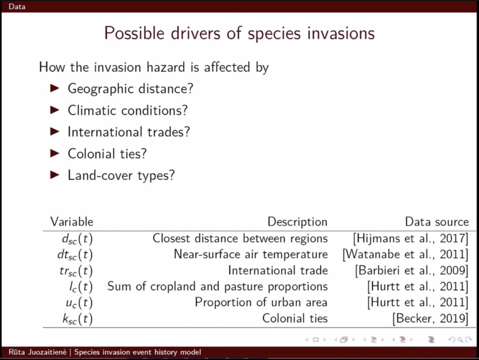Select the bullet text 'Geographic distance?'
[130, 88]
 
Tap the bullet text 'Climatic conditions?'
[127, 110]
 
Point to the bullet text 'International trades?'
[129, 132]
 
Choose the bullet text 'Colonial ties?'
[107, 153]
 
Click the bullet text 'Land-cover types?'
[121, 175]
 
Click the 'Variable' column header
[71, 222]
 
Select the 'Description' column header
[297, 222]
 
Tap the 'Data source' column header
[437, 222]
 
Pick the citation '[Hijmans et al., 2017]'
[410, 239]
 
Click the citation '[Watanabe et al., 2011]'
[405, 255]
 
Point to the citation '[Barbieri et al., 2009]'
[411, 270]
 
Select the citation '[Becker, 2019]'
[430, 318]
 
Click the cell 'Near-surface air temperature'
[251, 255]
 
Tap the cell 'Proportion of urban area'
[261, 302]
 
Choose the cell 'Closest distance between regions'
[240, 239]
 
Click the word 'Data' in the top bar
[17, 6]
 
